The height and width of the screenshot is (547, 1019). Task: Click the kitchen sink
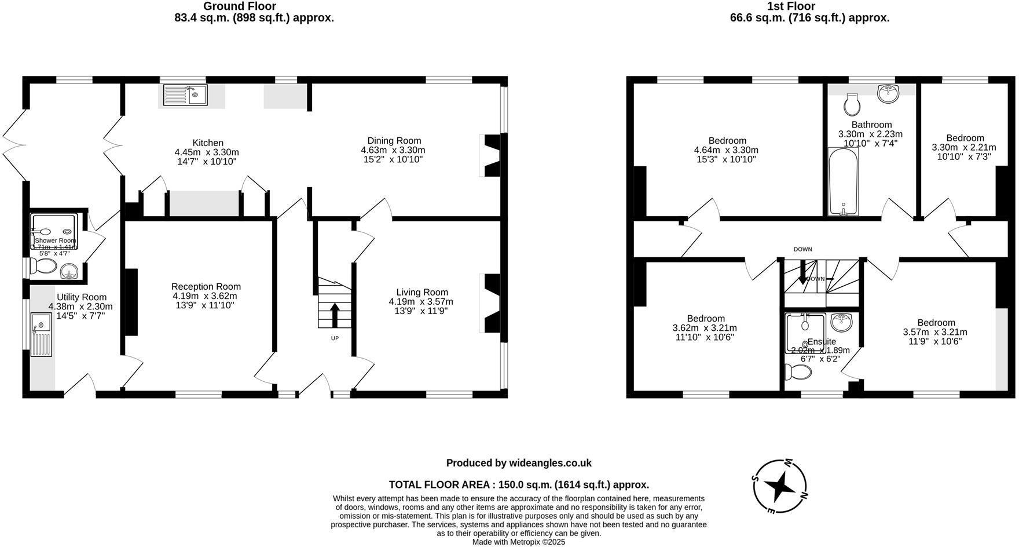(185, 95)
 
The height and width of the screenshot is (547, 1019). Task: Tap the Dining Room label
(394, 141)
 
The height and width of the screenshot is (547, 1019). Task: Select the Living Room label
(421, 293)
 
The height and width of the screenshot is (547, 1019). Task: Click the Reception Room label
(206, 287)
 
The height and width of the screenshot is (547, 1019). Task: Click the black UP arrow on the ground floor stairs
(335, 315)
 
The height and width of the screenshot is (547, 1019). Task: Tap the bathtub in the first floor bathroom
(844, 181)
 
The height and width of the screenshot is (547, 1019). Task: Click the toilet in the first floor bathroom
(852, 104)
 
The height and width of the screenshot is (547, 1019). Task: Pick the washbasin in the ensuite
(841, 322)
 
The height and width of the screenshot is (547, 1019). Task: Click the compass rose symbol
(780, 487)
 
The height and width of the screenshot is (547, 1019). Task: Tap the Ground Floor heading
(239, 6)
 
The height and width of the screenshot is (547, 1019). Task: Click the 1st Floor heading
(790, 6)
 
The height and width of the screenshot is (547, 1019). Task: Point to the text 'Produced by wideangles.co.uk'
(519, 463)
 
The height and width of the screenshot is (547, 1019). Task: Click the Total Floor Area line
(519, 485)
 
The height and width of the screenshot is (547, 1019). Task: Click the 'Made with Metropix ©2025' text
(519, 542)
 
